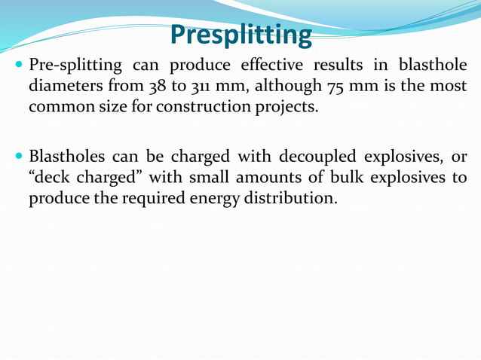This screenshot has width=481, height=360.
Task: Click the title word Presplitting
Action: [x=240, y=35]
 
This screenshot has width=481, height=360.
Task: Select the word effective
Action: [x=275, y=66]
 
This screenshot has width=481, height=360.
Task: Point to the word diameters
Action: [x=64, y=86]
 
